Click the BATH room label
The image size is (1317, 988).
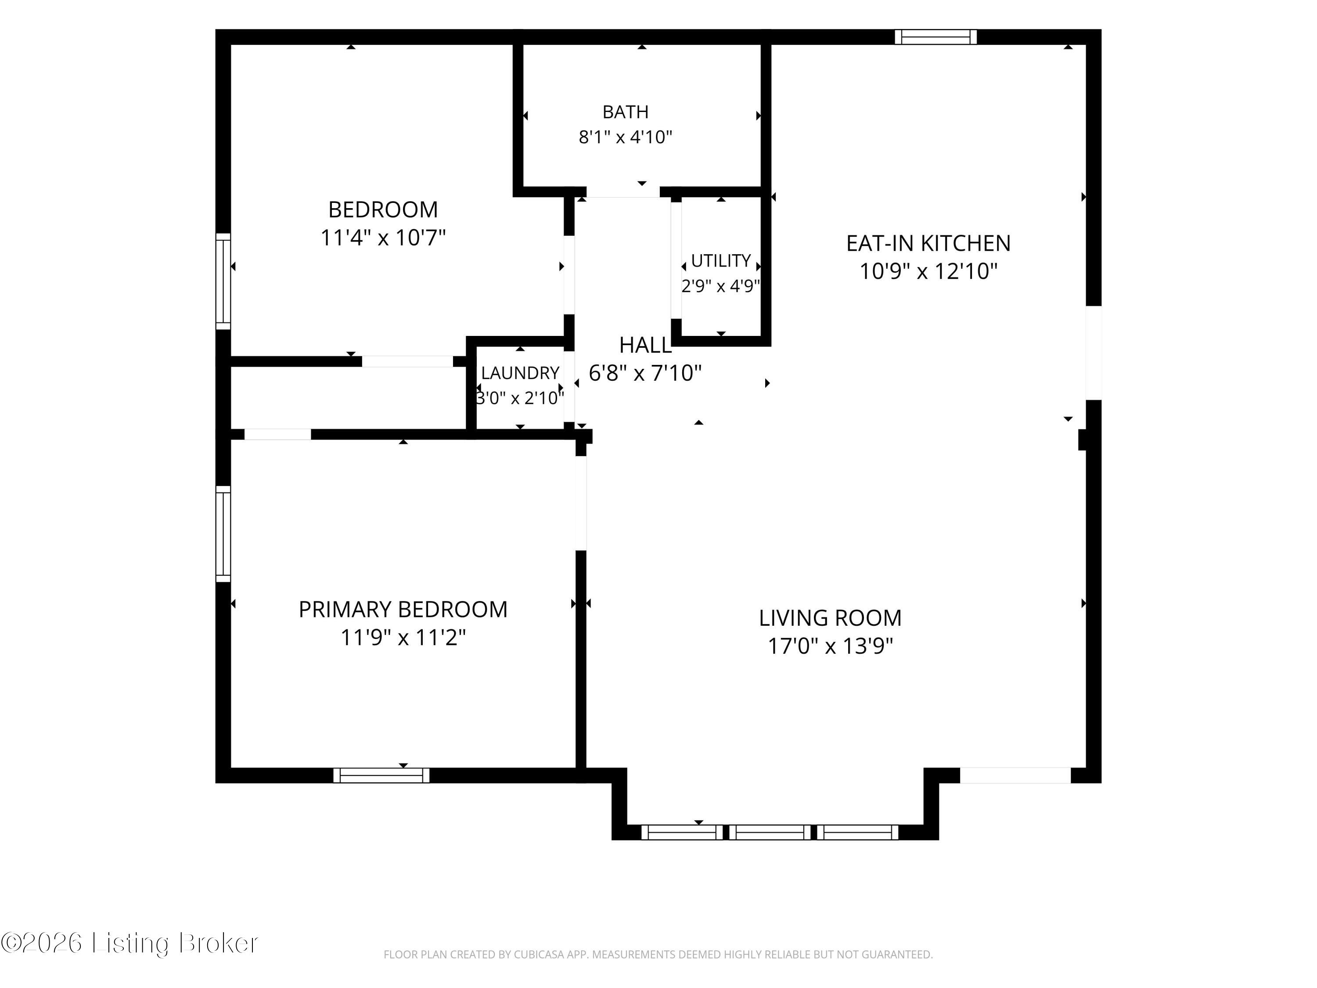[x=625, y=112]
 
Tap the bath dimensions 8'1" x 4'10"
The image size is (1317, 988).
[x=625, y=137]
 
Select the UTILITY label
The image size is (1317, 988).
[x=720, y=261]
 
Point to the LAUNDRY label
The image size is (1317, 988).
[x=520, y=373]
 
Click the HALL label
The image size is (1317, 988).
[x=645, y=345]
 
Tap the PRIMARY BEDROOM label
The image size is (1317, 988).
[x=403, y=609]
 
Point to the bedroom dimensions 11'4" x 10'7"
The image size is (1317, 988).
[x=383, y=238]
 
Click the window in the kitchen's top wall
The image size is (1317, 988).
[x=936, y=37]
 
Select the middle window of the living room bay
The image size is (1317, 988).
[x=770, y=832]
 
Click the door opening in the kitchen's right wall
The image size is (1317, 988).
[x=1094, y=353]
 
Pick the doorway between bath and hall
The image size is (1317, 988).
[x=623, y=192]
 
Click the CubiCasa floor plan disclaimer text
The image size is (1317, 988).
[x=658, y=954]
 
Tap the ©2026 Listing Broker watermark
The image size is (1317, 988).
[x=130, y=943]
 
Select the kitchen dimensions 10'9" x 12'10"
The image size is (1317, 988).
[x=928, y=271]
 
